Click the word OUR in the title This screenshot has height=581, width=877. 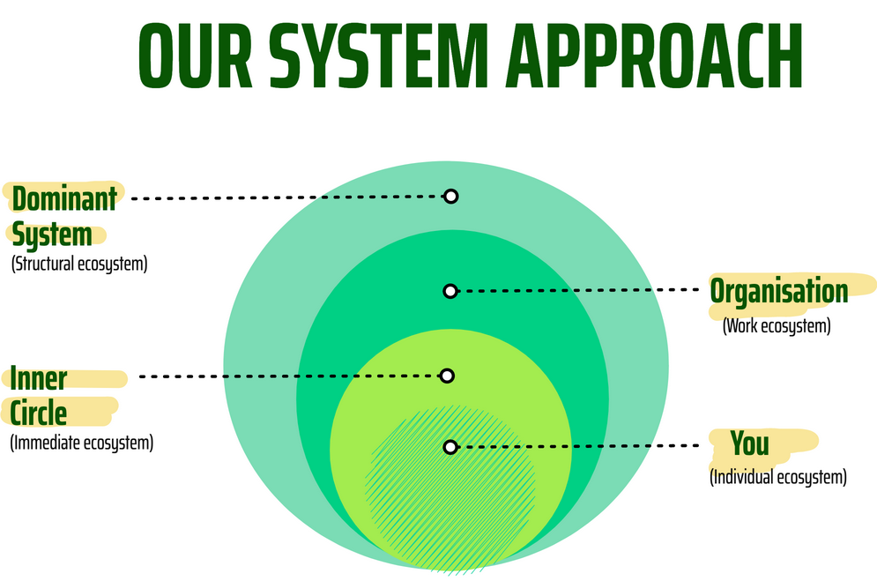tap(195, 56)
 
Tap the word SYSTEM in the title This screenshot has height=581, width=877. tap(379, 56)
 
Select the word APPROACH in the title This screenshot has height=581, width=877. tap(654, 56)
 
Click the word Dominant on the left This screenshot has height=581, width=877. tap(64, 198)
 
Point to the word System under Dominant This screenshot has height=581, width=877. tap(52, 235)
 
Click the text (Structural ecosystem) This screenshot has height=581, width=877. tap(79, 264)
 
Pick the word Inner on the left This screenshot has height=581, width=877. tap(39, 378)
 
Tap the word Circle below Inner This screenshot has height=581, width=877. tap(39, 413)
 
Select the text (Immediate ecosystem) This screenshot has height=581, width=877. tap(82, 443)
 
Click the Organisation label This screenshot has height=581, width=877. tap(779, 291)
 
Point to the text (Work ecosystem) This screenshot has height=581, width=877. tap(777, 326)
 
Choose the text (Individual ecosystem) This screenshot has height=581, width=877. tap(778, 478)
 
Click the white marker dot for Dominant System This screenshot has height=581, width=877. tap(450, 197)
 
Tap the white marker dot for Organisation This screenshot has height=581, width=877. tap(450, 291)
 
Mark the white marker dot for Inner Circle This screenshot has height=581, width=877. tap(447, 376)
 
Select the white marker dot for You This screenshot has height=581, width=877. tap(450, 447)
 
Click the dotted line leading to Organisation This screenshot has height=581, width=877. tap(578, 290)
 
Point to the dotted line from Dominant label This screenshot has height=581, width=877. tap(287, 197)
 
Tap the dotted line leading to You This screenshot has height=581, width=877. tap(578, 446)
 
